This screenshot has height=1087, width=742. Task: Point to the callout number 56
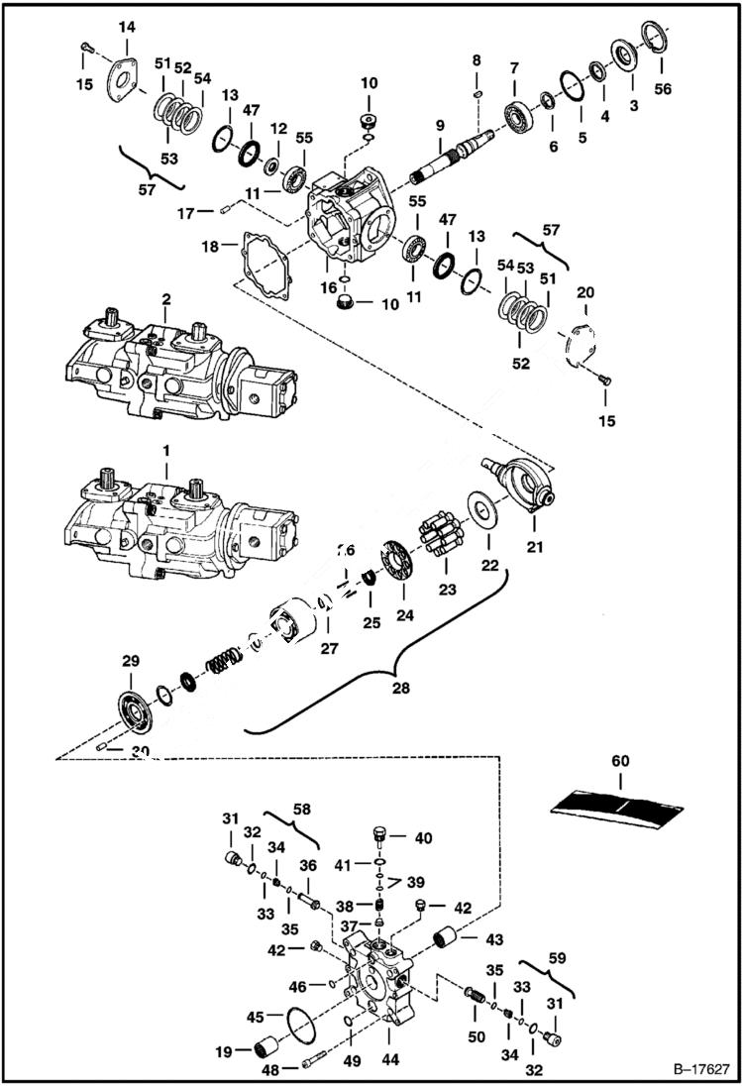click(x=662, y=88)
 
